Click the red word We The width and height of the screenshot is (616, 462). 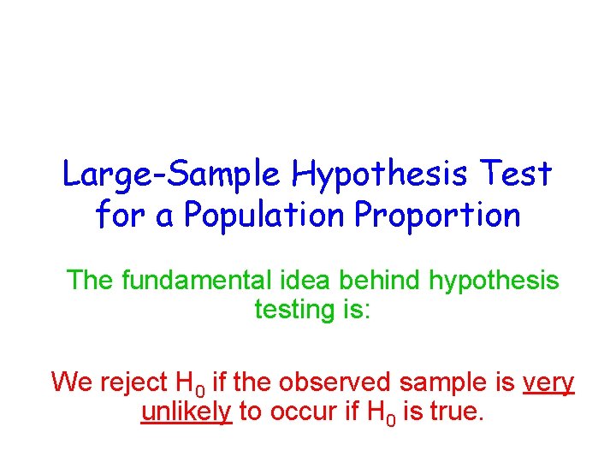click(70, 382)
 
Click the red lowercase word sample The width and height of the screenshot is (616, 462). click(438, 383)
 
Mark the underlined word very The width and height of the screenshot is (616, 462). click(548, 383)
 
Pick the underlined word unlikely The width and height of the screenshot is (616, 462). click(187, 412)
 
